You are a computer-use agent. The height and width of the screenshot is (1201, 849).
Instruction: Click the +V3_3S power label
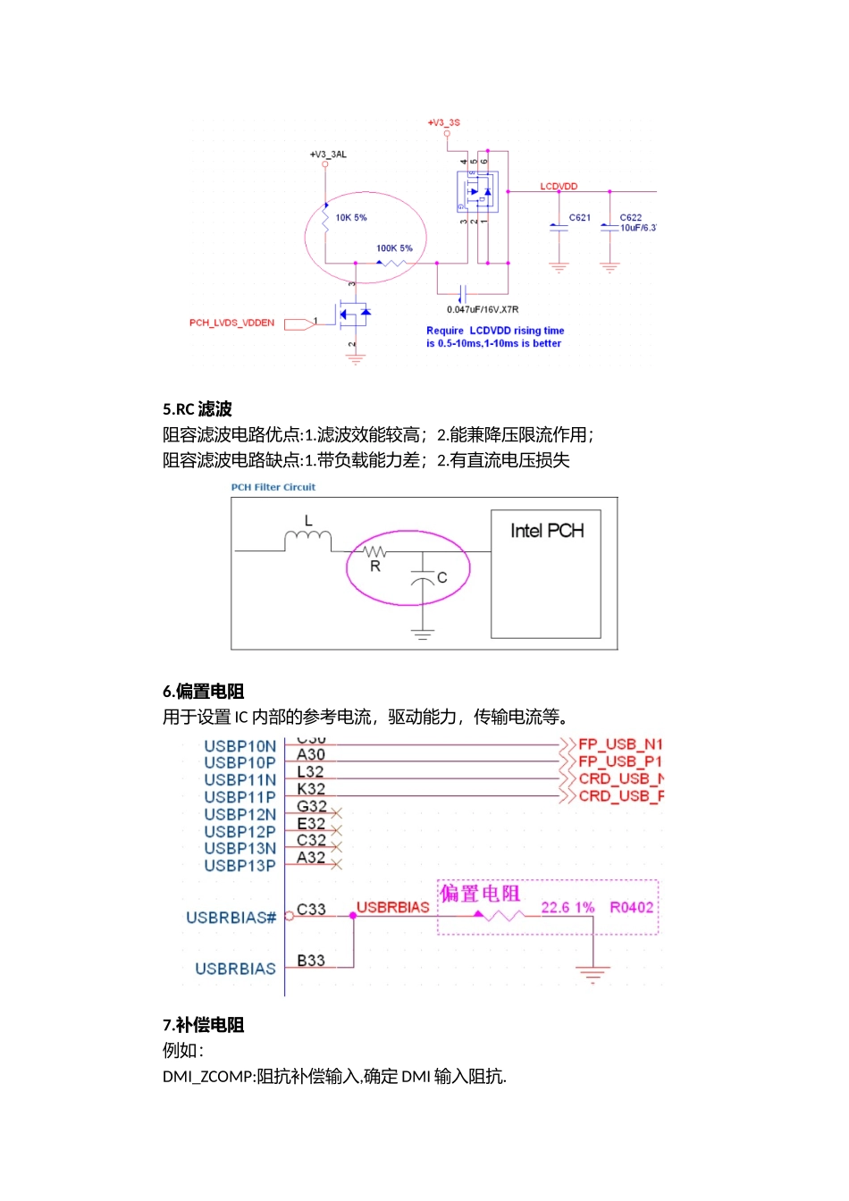[x=443, y=122]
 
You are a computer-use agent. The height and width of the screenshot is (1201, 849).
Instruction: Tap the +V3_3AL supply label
[x=328, y=155]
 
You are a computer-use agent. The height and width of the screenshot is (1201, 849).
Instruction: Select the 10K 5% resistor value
[x=351, y=217]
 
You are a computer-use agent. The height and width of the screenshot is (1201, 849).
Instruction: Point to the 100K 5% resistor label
[x=394, y=248]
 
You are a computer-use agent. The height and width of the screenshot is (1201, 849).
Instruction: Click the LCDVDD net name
[x=559, y=187]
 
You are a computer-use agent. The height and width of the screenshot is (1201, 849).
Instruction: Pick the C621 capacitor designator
[x=580, y=217]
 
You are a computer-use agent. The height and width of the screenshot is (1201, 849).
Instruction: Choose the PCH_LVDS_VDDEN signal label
[x=231, y=323]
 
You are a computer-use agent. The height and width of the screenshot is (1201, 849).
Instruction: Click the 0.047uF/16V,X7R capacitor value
[x=483, y=309]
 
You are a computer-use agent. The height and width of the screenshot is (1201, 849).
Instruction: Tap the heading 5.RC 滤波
[x=198, y=409]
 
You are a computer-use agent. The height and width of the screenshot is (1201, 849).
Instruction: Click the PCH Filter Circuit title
[x=273, y=487]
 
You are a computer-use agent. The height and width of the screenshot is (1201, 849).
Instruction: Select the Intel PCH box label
[x=547, y=531]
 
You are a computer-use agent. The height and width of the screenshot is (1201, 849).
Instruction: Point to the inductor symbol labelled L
[x=307, y=536]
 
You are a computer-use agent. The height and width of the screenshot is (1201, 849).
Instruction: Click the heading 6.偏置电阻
[x=204, y=691]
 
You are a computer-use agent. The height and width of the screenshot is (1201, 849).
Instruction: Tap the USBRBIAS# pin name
[x=231, y=918]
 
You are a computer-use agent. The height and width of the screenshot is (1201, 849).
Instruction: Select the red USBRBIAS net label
[x=393, y=907]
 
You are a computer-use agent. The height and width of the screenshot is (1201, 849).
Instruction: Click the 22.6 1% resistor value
[x=567, y=907]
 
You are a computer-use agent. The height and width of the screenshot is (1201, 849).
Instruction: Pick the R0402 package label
[x=632, y=907]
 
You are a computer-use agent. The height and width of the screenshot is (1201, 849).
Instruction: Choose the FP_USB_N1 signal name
[x=620, y=744]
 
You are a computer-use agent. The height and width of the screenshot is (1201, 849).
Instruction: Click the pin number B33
[x=311, y=961]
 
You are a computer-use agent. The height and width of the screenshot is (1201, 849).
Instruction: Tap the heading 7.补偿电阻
[x=204, y=1025]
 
